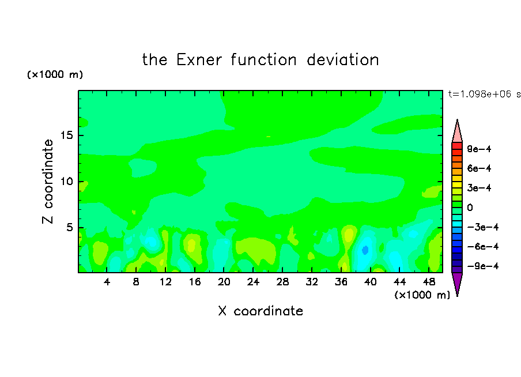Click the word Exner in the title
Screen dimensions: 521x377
pyautogui.click(x=199, y=60)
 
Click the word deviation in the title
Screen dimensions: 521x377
pyautogui.click(x=342, y=60)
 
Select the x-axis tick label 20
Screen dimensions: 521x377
pyautogui.click(x=224, y=282)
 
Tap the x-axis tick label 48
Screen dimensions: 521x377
pyautogui.click(x=429, y=282)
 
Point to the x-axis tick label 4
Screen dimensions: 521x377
pyautogui.click(x=107, y=282)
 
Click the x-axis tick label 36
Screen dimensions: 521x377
pyautogui.click(x=341, y=282)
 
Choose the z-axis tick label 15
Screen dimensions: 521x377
pyautogui.click(x=67, y=135)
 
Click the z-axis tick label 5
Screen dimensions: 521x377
pyautogui.click(x=70, y=227)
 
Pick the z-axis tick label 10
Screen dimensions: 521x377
pyautogui.click(x=67, y=182)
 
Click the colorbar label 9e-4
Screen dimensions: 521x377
pyautogui.click(x=479, y=149)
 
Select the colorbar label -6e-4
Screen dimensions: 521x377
pyautogui.click(x=483, y=247)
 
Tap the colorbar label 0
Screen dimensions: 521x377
pyautogui.click(x=470, y=208)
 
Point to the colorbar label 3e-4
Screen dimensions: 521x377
pyautogui.click(x=479, y=188)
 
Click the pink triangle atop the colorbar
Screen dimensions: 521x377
pyautogui.click(x=457, y=133)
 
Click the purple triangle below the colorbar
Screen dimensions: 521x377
pyautogui.click(x=457, y=282)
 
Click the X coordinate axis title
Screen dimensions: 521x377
pyautogui.click(x=260, y=311)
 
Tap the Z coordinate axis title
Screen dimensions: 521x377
pyautogui.click(x=48, y=182)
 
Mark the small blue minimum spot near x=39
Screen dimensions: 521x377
pyautogui.click(x=365, y=250)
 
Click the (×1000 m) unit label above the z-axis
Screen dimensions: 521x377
pyautogui.click(x=55, y=74)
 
